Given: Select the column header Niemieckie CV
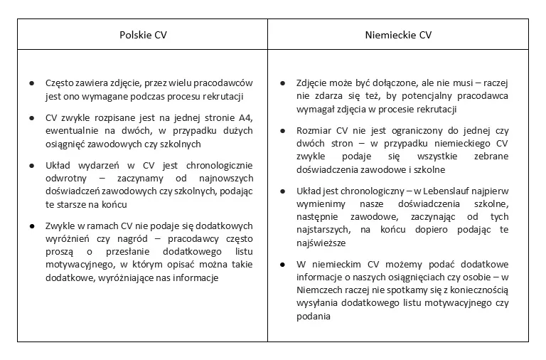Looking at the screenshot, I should tap(397, 34).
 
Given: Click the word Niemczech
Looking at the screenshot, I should tap(323, 290).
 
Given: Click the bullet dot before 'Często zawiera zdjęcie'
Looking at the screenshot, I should tap(32, 83).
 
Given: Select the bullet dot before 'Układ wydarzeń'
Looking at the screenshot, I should tap(32, 166).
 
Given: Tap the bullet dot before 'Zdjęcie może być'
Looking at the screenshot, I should tap(284, 83).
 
